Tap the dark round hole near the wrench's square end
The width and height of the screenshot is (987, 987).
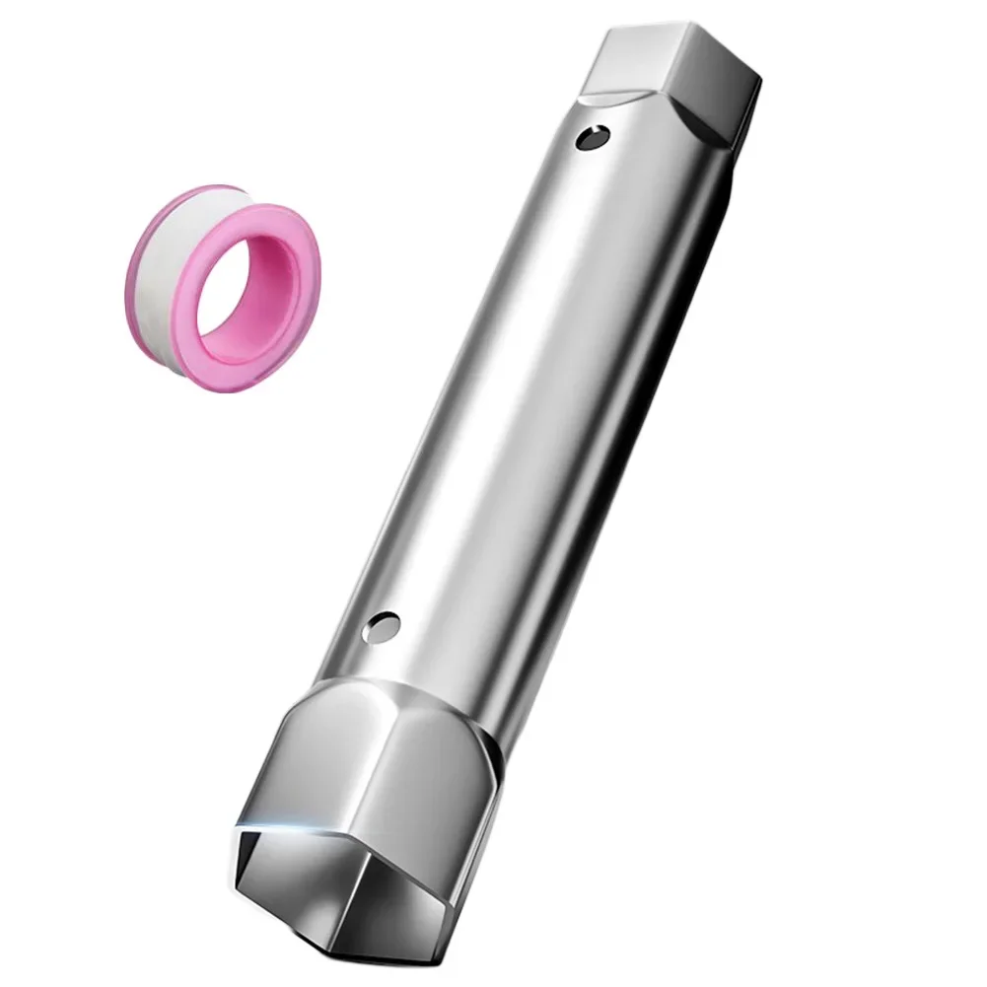pyautogui.click(x=592, y=136)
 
